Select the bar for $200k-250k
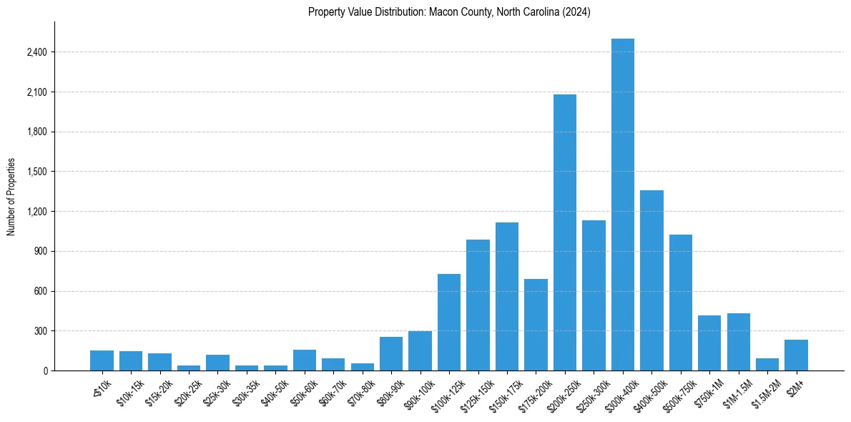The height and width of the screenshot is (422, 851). (564, 232)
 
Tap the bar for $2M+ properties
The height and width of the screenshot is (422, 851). (796, 355)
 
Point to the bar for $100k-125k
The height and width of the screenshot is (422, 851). (449, 322)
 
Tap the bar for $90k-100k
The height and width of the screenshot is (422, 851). (420, 351)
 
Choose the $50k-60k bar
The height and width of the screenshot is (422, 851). (304, 360)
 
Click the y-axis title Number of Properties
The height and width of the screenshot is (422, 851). (11, 196)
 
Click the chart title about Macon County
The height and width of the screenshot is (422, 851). (449, 12)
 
